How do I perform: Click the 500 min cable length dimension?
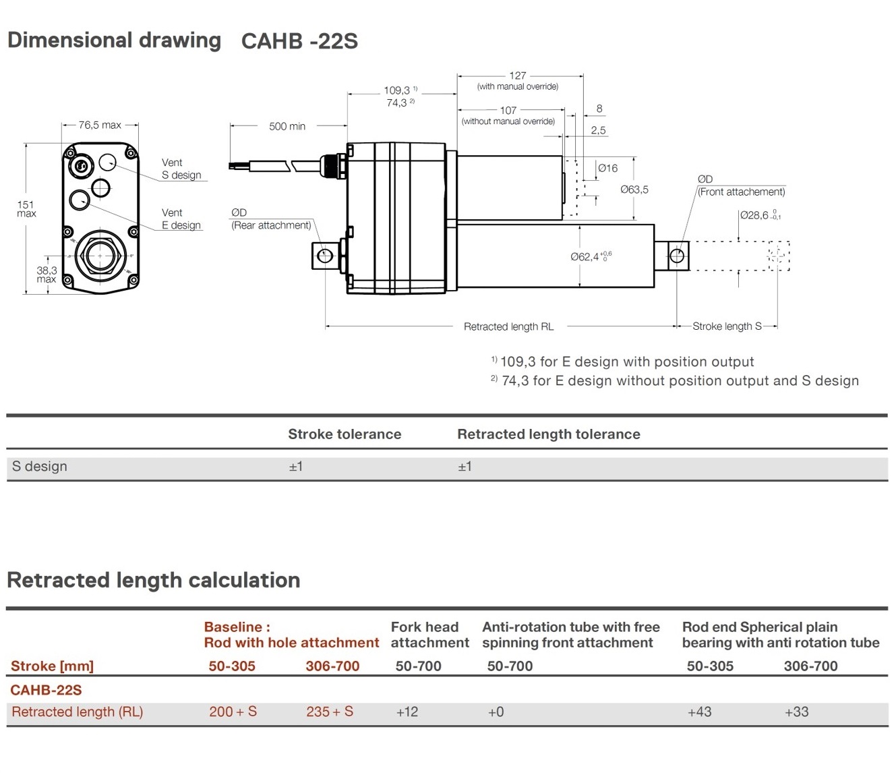pyautogui.click(x=287, y=126)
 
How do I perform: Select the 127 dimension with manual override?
pyautogui.click(x=517, y=76)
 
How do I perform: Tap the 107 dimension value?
pyautogui.click(x=508, y=110)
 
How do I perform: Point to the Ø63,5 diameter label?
pyautogui.click(x=634, y=190)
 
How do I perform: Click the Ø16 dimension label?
pyautogui.click(x=607, y=168)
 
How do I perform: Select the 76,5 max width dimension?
pyautogui.click(x=100, y=125)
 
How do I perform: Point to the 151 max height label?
pyautogui.click(x=26, y=208)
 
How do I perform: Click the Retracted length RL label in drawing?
pyautogui.click(x=508, y=326)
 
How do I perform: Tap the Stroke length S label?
pyautogui.click(x=726, y=326)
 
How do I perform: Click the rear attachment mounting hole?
pyautogui.click(x=325, y=256)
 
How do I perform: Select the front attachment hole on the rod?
pyautogui.click(x=677, y=256)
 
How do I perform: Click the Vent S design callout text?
pyautogui.click(x=181, y=169)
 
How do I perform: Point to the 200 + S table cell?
pyautogui.click(x=233, y=712)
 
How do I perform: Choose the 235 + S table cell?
pyautogui.click(x=330, y=712)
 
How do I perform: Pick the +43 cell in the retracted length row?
pyautogui.click(x=699, y=712)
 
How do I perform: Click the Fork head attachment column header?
pyautogui.click(x=429, y=635)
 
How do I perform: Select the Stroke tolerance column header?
pyautogui.click(x=345, y=434)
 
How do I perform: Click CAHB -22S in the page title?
pyautogui.click(x=299, y=41)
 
